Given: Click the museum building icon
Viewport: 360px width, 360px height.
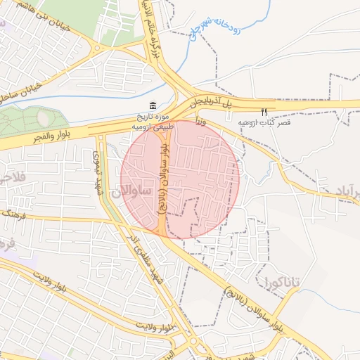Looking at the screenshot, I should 153,105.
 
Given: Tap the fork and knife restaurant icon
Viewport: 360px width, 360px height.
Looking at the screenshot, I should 264,111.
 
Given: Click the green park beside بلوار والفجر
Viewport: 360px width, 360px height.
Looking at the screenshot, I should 28,120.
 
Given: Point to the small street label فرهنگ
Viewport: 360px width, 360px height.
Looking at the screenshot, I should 8,211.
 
